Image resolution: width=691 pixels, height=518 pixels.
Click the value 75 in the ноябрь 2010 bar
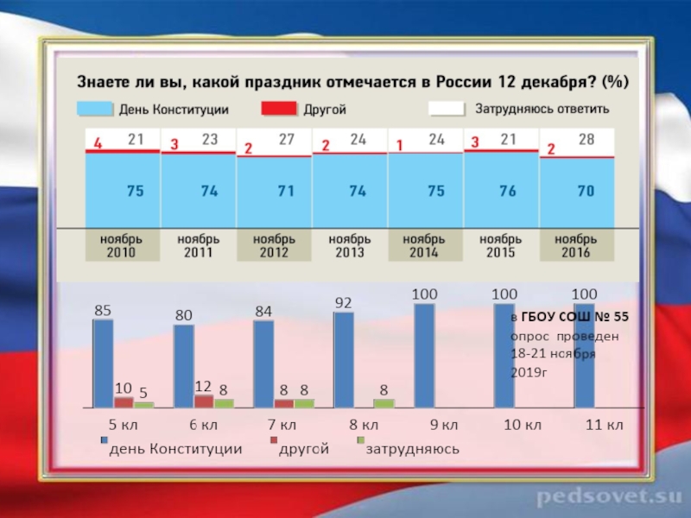(135, 192)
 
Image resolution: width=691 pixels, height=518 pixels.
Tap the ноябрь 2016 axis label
(575, 245)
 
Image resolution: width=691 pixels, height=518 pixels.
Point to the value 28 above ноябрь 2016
(586, 139)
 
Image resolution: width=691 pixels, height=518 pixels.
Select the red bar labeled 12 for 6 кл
(204, 401)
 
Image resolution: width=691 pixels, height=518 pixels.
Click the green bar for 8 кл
(384, 402)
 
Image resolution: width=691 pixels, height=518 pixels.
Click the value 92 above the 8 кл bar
(344, 303)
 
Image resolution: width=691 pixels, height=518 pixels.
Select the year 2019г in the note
(529, 371)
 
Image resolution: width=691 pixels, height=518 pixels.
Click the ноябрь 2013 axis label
(348, 245)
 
